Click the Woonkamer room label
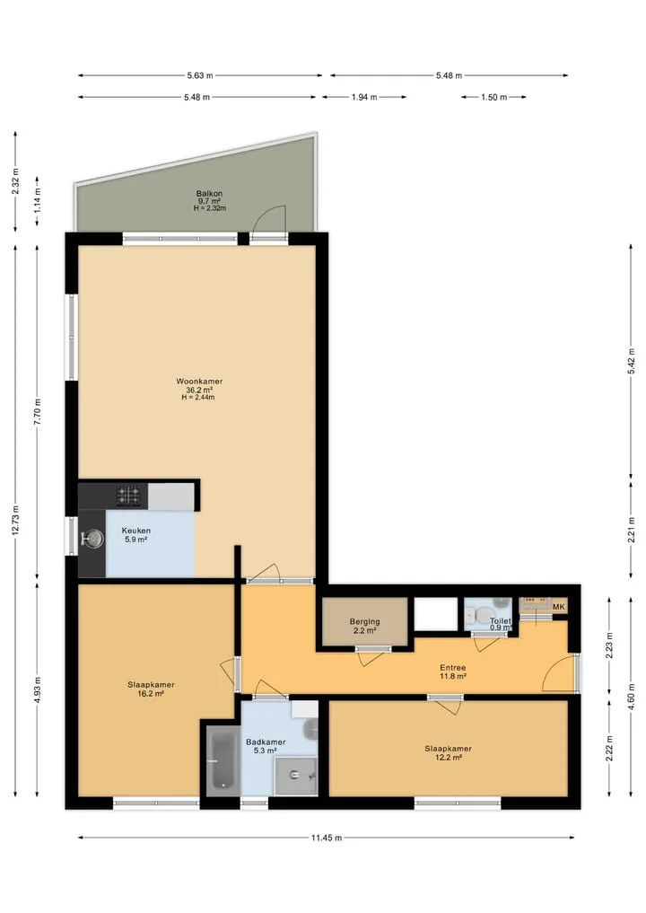tap(199, 382)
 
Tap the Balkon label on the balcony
tap(209, 193)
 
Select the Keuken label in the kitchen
tap(136, 531)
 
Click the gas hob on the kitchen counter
tap(128, 496)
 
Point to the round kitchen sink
tap(92, 539)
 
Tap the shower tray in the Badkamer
tap(296, 776)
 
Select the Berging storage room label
tap(365, 621)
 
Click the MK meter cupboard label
tap(559, 607)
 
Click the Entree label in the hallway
tap(453, 667)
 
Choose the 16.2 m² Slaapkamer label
tap(151, 685)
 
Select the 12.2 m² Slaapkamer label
tap(448, 748)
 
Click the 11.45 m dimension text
tap(327, 838)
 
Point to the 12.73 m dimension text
tap(16, 520)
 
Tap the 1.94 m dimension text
tap(364, 97)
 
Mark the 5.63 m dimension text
tap(199, 75)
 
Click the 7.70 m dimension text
tap(38, 412)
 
